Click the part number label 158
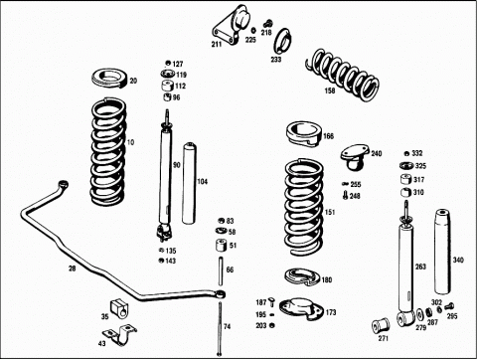pos(330,90)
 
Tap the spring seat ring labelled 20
pos(109,79)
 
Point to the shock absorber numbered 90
pos(165,176)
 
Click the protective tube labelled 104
pos(189,183)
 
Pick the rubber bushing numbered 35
pos(119,308)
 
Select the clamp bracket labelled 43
pos(119,335)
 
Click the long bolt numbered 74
pos(220,329)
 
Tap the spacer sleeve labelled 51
pos(222,246)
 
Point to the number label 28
pos(72,269)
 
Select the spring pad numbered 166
pos(304,133)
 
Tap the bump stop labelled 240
pos(355,156)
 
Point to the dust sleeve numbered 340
pos(442,252)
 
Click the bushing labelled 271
pos(382,326)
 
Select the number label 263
pos(420,267)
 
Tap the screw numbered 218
pos(267,23)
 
